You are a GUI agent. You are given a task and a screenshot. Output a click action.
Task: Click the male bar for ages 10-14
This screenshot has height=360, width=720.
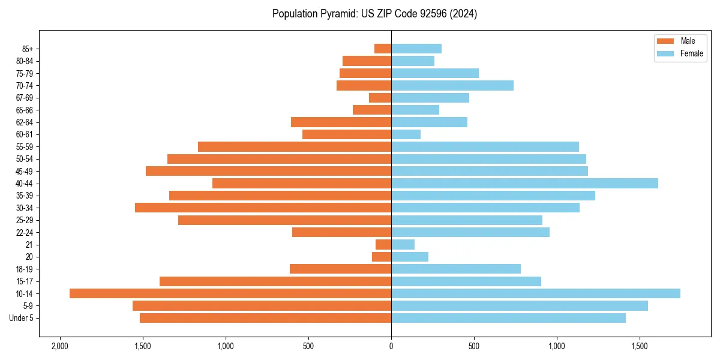pos(230,293)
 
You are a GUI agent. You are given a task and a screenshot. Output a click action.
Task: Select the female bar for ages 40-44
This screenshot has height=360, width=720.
pos(524,183)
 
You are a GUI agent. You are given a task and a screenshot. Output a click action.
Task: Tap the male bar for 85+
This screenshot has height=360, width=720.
pos(383,49)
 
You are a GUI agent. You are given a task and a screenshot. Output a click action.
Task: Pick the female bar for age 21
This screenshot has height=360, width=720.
pos(403,244)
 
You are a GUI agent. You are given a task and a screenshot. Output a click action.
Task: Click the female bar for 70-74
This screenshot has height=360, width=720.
pos(452,85)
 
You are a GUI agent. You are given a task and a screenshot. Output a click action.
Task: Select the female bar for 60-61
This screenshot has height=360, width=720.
pos(406,134)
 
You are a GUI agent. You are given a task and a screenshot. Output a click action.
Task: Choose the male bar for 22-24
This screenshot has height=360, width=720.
pos(341,232)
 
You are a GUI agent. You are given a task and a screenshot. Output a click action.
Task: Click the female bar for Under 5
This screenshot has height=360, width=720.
pos(508,318)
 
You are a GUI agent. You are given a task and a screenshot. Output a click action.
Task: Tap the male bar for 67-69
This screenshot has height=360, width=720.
pos(380,98)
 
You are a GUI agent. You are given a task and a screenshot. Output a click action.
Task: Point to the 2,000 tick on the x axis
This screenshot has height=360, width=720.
pos(60,347)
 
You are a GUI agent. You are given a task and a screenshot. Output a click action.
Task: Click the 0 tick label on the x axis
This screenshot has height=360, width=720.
pos(391,347)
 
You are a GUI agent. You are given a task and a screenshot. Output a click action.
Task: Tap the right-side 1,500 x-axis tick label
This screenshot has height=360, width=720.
pos(640,347)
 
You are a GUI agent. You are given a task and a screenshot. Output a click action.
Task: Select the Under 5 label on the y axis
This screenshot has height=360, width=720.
pos(22,318)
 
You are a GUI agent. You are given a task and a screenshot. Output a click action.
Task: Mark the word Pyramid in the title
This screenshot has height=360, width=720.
pos(338,14)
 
